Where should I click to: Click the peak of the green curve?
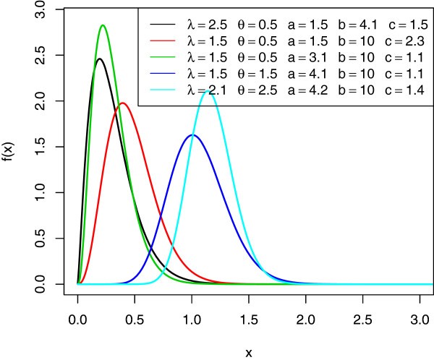pos(103,25)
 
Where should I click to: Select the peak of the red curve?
pos(123,103)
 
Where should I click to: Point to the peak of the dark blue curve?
pos(192,135)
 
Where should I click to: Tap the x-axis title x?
pos(249,353)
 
